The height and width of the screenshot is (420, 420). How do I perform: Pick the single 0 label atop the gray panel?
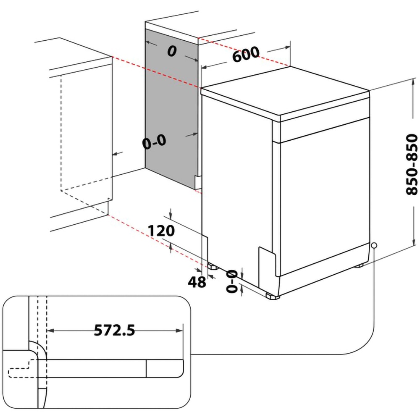pos(171,51)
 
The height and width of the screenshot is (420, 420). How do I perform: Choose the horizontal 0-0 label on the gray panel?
pos(154,142)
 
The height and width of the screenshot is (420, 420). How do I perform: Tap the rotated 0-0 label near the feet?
pos(232,281)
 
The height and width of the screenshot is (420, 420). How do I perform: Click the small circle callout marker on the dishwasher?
pos(373,245)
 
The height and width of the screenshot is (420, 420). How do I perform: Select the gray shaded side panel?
pos(172,105)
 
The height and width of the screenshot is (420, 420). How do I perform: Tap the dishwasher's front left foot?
pos(272,296)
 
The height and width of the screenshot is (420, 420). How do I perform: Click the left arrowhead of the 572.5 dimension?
pos(50,331)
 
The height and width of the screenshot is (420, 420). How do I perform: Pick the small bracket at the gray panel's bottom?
pos(197,181)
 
